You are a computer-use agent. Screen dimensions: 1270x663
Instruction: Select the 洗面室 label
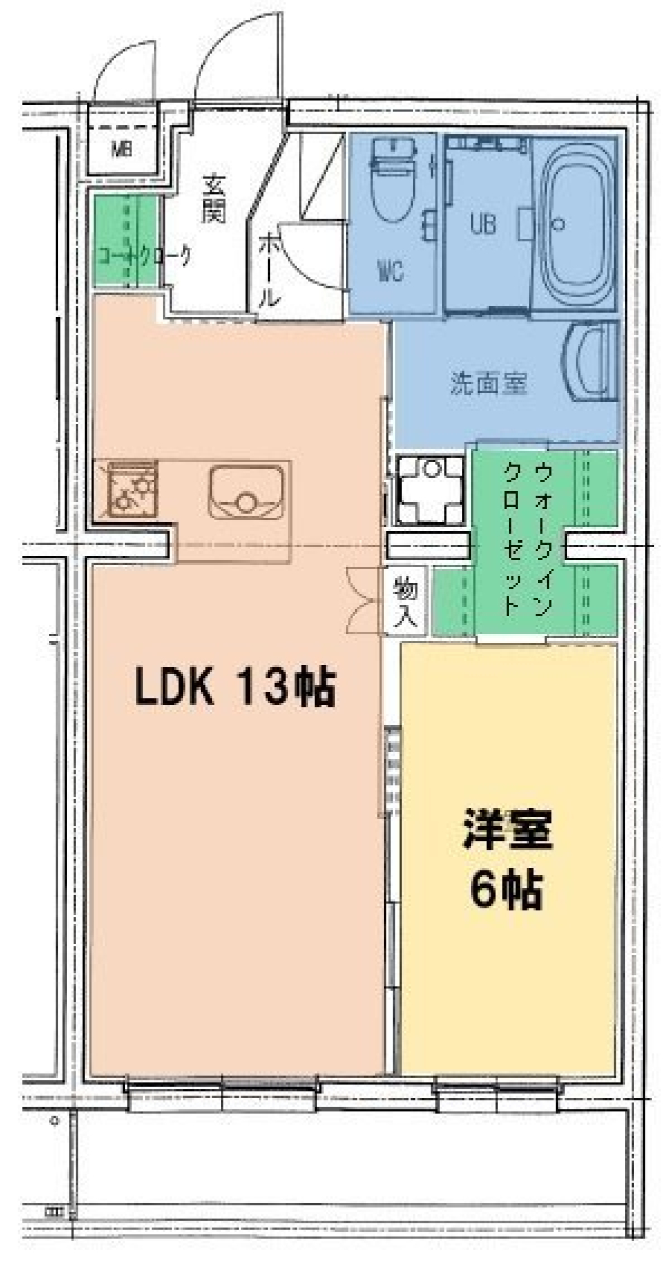click(488, 383)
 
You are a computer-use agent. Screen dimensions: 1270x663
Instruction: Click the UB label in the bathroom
click(483, 223)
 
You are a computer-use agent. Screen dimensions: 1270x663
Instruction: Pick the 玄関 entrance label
click(214, 199)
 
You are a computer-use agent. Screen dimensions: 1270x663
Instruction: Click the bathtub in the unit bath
click(577, 224)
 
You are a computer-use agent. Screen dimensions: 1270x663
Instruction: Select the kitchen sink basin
click(246, 491)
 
